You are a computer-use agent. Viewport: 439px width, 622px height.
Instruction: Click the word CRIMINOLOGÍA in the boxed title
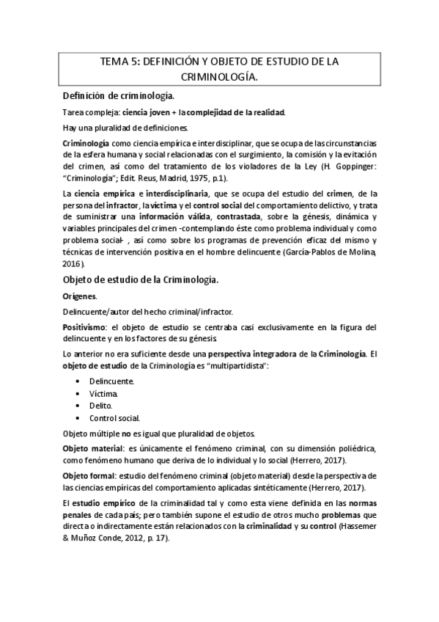pos(219,76)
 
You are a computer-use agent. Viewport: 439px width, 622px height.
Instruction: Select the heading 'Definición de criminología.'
pos(118,95)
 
